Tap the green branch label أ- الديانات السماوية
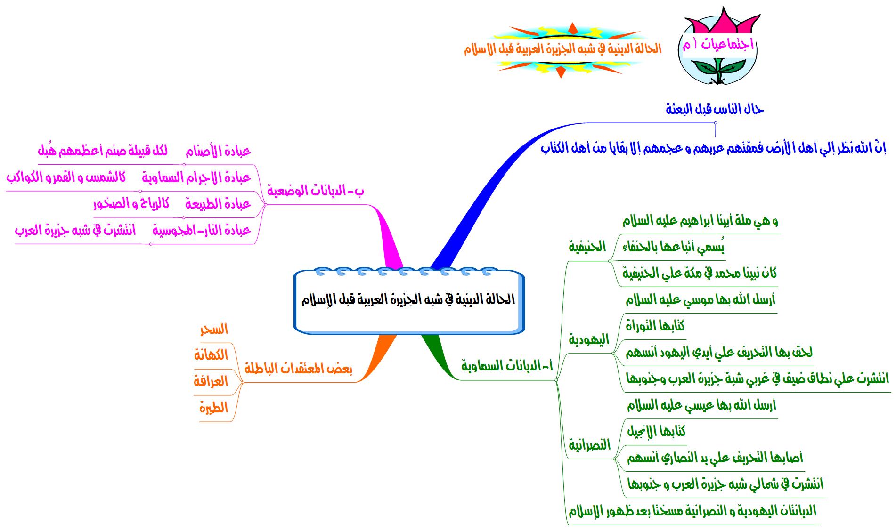click(x=507, y=365)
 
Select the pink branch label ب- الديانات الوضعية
click(x=315, y=191)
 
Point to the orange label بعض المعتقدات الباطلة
click(x=298, y=369)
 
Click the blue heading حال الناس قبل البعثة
click(x=715, y=109)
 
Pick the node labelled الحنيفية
click(x=587, y=247)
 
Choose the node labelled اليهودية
click(x=589, y=339)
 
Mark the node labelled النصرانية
click(x=589, y=444)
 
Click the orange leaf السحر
click(x=214, y=329)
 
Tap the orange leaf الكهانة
click(x=211, y=355)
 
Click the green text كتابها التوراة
click(x=655, y=326)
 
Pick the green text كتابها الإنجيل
click(x=656, y=431)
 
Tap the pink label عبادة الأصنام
click(x=218, y=151)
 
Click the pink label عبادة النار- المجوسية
click(x=202, y=230)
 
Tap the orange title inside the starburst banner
click(x=563, y=49)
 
